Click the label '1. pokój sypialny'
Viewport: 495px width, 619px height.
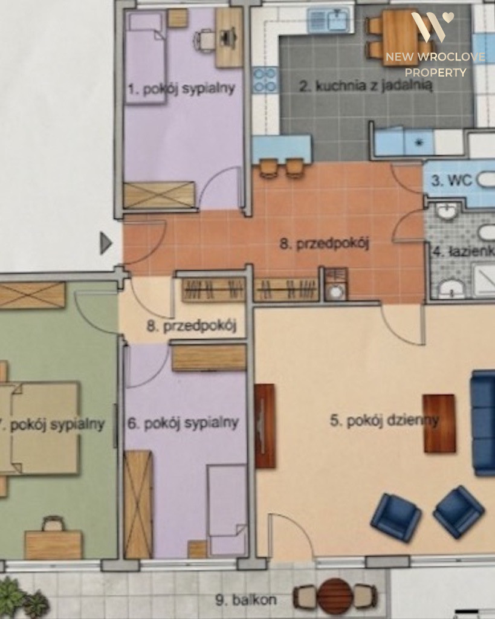(x=181, y=89)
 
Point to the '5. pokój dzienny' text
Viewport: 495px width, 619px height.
(x=384, y=421)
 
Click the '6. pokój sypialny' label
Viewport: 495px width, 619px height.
(x=183, y=423)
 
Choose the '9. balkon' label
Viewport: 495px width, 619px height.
(x=246, y=600)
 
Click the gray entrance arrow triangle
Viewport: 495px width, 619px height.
(x=106, y=243)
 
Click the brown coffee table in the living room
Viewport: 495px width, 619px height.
(x=439, y=423)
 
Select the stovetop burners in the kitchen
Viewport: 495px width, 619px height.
(x=265, y=80)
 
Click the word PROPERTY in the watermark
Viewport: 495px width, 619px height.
(x=435, y=73)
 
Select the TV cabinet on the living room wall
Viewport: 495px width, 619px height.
(x=265, y=426)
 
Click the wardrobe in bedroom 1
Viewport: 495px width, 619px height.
(x=159, y=195)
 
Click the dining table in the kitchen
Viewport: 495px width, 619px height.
(x=400, y=37)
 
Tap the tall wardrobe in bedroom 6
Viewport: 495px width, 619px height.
(x=138, y=504)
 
